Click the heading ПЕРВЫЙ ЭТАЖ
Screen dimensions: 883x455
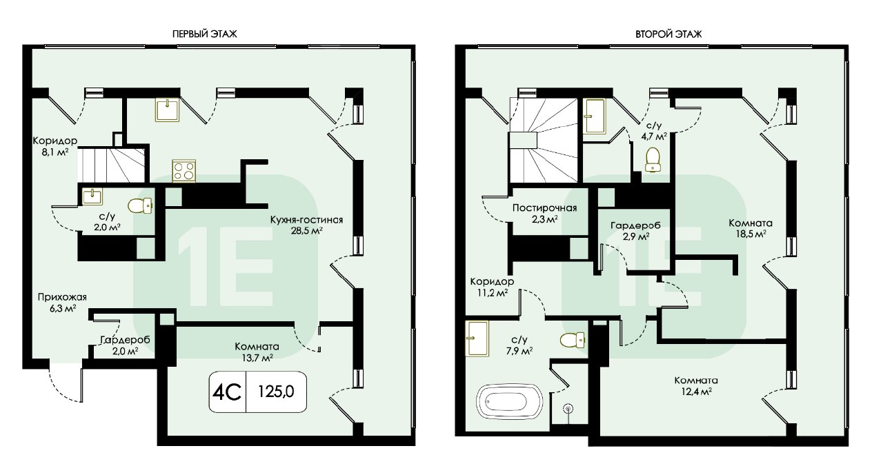coord(205,34)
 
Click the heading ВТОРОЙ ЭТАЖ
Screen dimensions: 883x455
coord(668,34)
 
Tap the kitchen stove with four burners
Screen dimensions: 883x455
coord(184,171)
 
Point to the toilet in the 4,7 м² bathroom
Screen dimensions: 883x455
coord(653,159)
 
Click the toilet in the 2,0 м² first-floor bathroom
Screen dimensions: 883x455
coord(140,205)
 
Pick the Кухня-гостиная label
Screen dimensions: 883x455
coord(307,220)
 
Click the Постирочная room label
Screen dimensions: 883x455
coord(544,208)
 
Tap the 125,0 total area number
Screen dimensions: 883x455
coord(276,392)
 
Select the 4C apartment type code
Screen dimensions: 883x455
coord(227,392)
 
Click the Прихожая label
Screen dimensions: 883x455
coord(62,297)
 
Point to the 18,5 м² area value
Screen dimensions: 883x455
coord(751,234)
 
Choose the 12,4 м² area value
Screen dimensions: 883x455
coord(696,392)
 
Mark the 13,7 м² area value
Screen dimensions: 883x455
coord(257,357)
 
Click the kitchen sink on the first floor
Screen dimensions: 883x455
coord(168,109)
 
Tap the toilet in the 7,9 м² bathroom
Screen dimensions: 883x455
coord(573,341)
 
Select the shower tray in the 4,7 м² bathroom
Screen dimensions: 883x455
coord(594,117)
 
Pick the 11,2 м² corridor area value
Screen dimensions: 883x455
coord(492,293)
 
